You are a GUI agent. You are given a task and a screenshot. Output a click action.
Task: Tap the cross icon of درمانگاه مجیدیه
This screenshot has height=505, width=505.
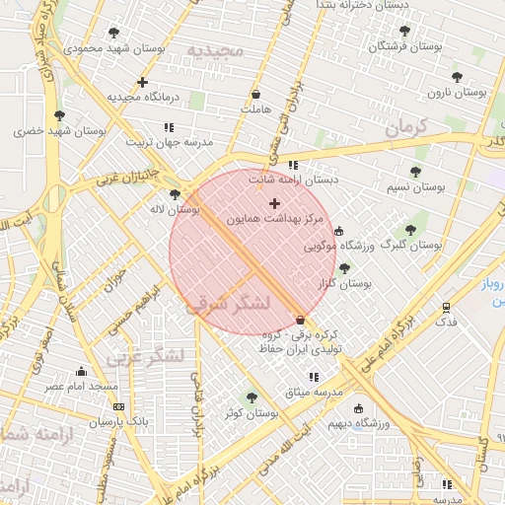(x=143, y=82)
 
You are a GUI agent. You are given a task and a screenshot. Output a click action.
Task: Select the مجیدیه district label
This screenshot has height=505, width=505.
(x=214, y=50)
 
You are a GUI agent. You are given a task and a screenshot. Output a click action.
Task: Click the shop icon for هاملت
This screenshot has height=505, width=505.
(x=256, y=95)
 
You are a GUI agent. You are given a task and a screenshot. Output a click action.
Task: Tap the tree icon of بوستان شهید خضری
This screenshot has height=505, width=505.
(x=60, y=115)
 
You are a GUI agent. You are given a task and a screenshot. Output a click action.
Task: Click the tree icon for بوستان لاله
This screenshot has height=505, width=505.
(x=176, y=194)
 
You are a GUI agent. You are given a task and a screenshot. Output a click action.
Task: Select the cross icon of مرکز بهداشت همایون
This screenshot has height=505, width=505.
(x=274, y=203)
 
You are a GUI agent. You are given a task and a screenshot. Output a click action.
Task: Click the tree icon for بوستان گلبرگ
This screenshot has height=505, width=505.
(x=411, y=229)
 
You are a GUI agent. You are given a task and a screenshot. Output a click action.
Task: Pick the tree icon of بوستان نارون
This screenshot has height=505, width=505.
(x=456, y=77)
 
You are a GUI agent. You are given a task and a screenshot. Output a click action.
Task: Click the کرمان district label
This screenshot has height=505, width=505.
(x=404, y=127)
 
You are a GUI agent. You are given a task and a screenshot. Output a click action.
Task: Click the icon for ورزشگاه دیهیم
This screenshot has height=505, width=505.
(x=358, y=408)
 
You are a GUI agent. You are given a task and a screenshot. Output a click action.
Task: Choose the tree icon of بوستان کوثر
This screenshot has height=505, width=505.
(x=252, y=397)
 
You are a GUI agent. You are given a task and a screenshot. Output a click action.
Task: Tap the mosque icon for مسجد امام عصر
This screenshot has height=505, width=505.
(x=81, y=372)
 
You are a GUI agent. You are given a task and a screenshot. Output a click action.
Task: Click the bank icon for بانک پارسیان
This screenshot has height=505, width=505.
(x=119, y=406)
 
